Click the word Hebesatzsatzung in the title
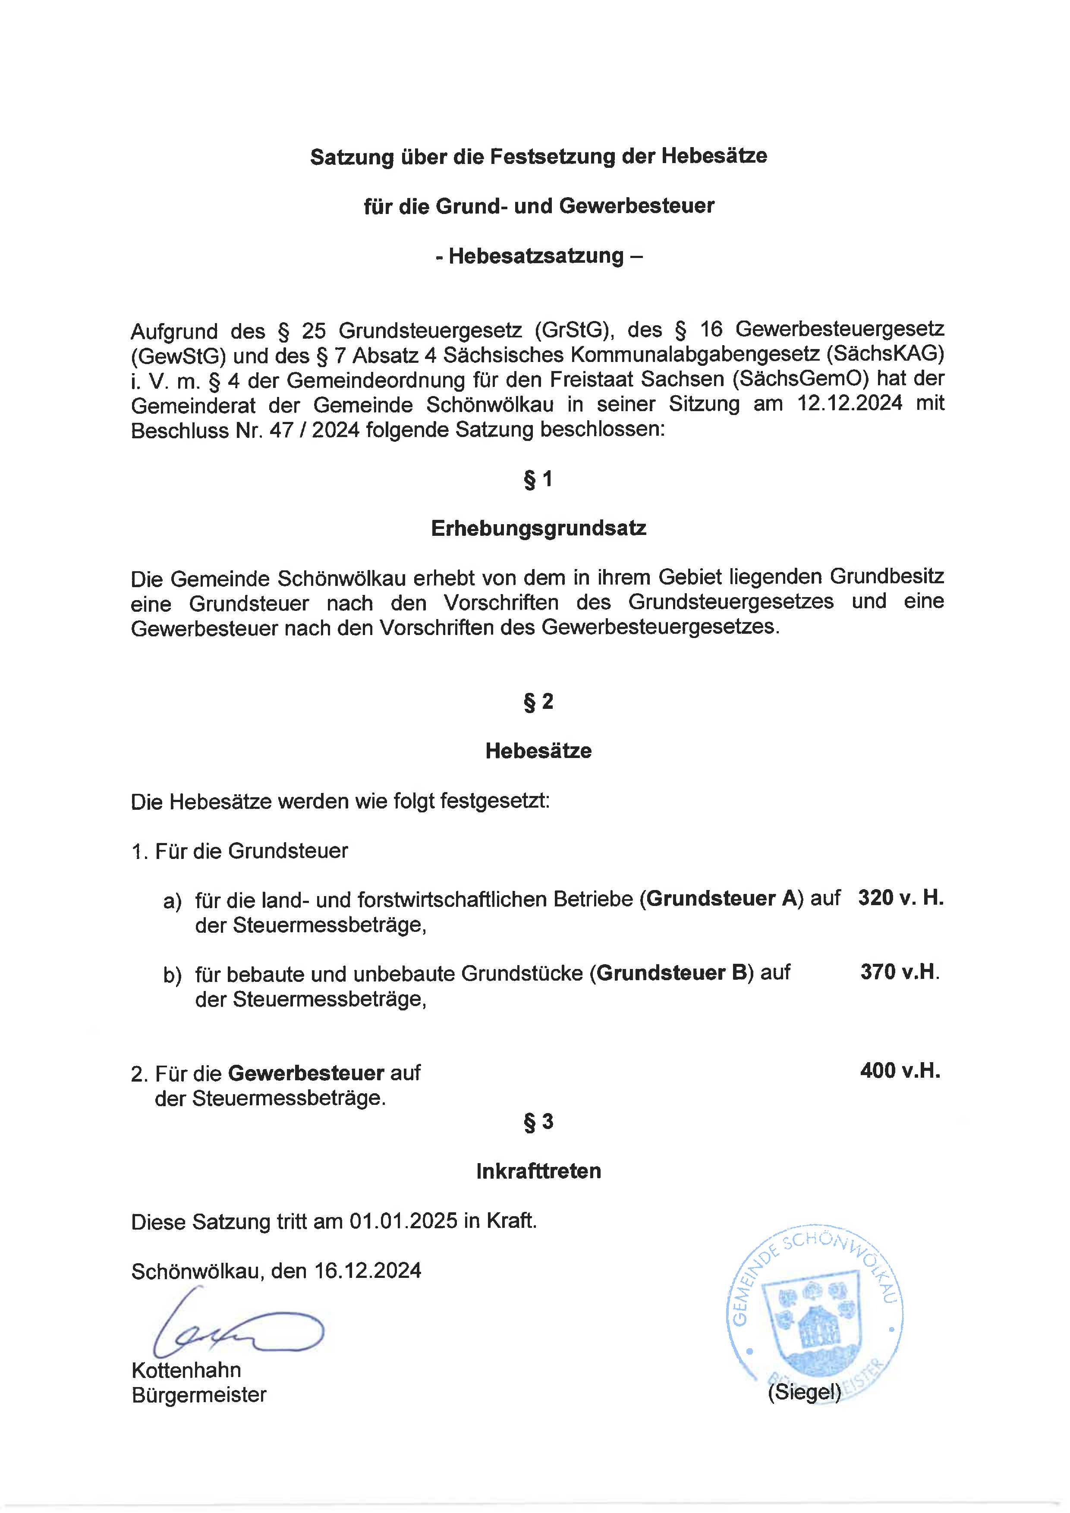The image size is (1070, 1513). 536,256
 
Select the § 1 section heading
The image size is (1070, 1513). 538,479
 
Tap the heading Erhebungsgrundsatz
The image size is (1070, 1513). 538,528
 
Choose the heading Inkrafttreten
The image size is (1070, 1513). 538,1171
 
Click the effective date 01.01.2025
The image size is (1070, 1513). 403,1221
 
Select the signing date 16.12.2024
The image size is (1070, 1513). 367,1271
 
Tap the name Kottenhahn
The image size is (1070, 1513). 186,1370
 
